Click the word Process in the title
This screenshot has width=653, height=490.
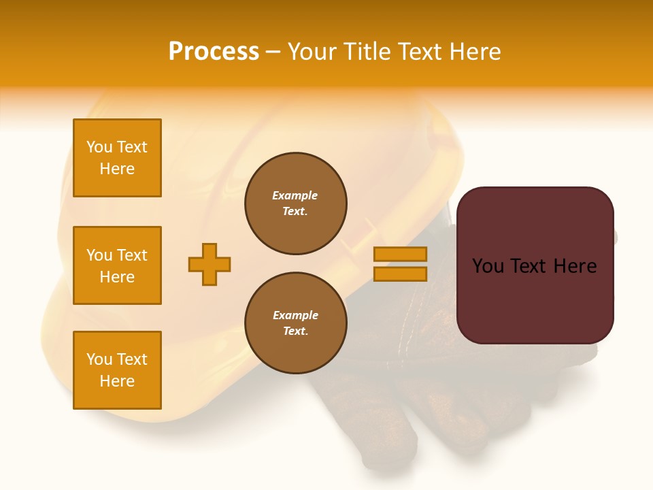[x=214, y=52]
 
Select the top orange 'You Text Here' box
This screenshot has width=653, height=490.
[x=117, y=158]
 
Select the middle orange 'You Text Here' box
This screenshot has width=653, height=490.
[x=117, y=265]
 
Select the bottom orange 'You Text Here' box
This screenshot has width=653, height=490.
[x=117, y=370]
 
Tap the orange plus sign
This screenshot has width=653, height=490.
[x=210, y=264]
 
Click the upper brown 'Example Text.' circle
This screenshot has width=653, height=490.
[x=296, y=203]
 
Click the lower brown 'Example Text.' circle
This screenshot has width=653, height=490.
[x=296, y=323]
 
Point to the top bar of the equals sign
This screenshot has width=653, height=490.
[x=400, y=254]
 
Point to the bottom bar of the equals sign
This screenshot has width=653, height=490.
[x=400, y=274]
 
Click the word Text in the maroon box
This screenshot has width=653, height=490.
[x=529, y=266]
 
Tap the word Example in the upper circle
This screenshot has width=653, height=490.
[x=295, y=195]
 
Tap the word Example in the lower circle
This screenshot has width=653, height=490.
[x=295, y=315]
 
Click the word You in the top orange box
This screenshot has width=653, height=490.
[x=99, y=147]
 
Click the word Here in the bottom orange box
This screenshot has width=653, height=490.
[x=117, y=381]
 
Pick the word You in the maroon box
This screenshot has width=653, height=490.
[x=488, y=266]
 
